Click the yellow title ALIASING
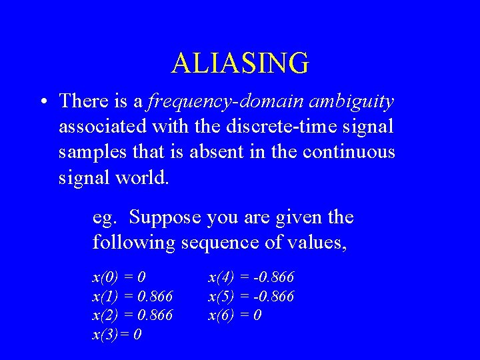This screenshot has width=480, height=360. (x=240, y=63)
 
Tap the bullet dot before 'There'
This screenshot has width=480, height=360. (x=42, y=102)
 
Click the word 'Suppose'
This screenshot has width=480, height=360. (x=161, y=217)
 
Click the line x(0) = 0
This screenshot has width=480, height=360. (x=119, y=277)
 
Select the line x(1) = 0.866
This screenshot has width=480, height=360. (x=132, y=296)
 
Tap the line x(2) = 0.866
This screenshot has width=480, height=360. (x=132, y=315)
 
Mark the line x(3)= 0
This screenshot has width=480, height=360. (x=117, y=334)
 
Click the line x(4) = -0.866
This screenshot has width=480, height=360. (x=251, y=277)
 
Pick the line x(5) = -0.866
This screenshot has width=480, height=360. (x=251, y=296)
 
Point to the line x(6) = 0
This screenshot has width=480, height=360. (x=235, y=315)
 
